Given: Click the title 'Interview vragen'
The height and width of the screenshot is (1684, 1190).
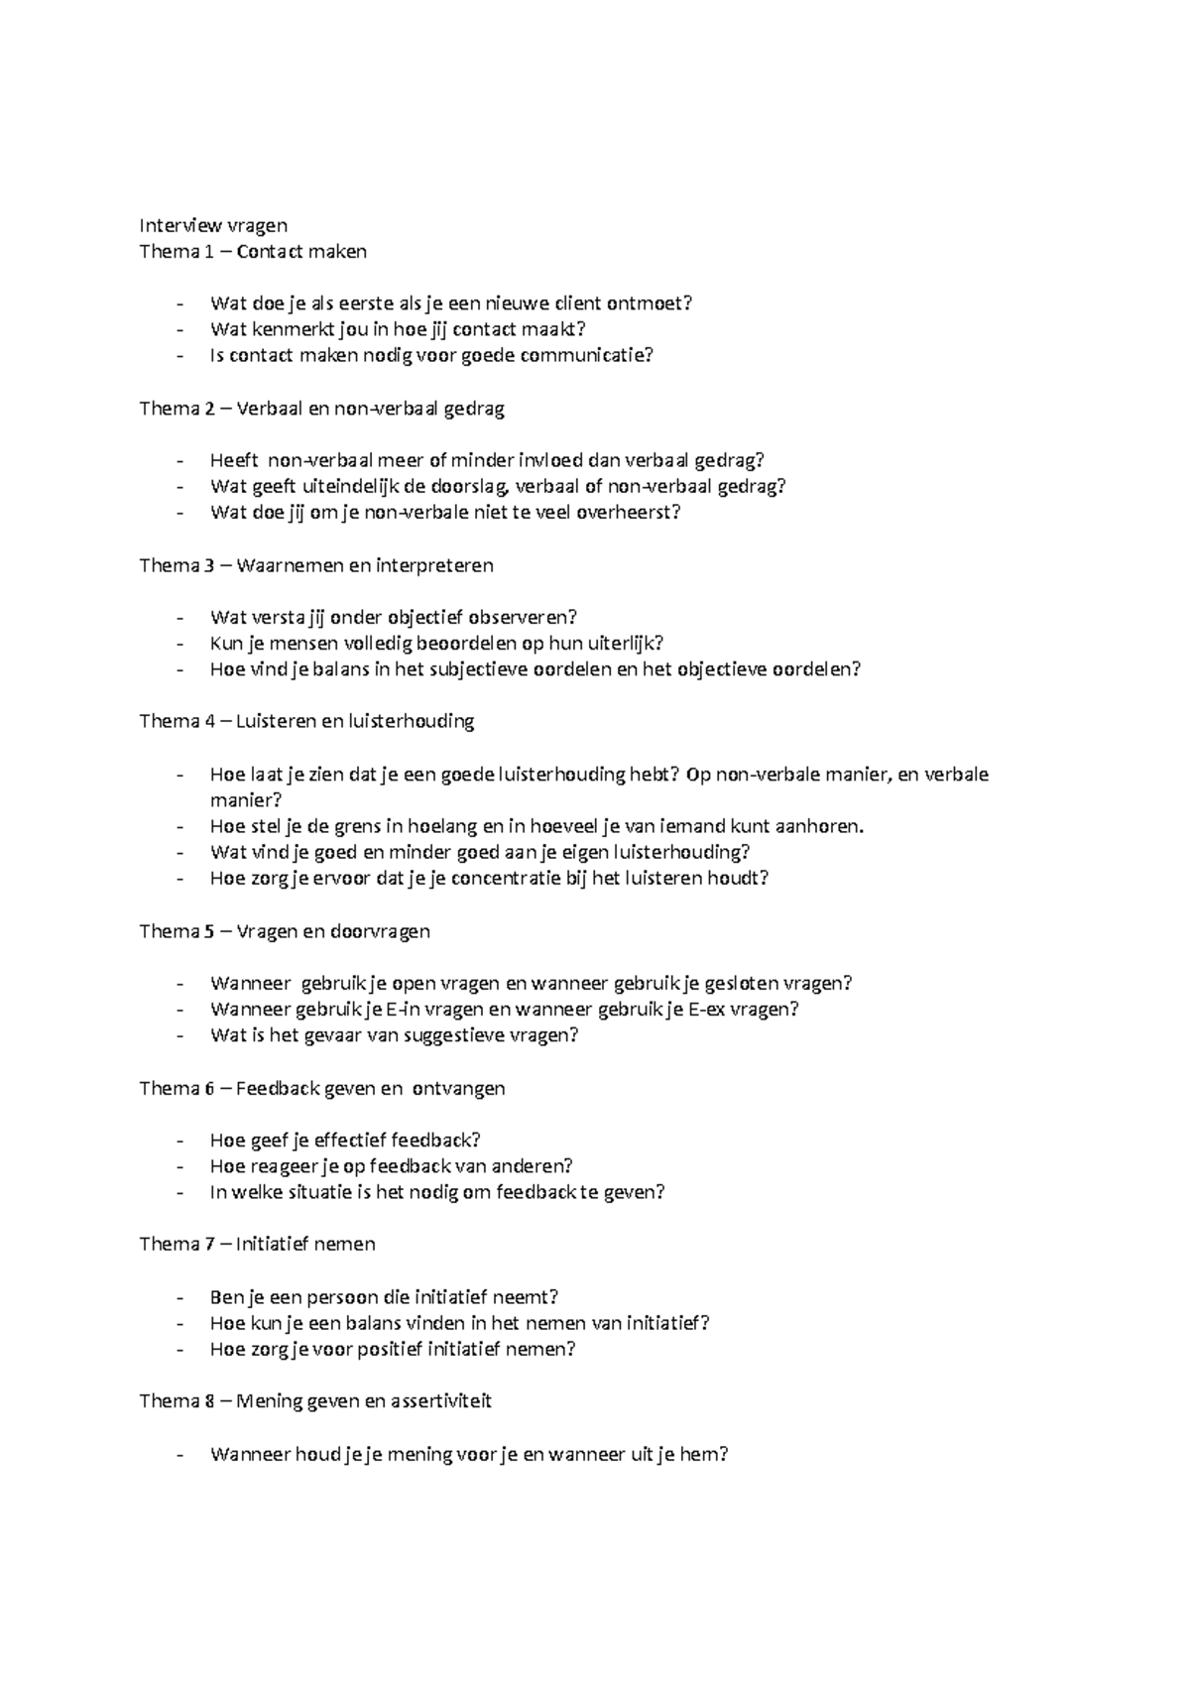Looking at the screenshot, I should click(x=213, y=225).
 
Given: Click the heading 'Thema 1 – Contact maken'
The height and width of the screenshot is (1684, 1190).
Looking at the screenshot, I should click(x=253, y=251).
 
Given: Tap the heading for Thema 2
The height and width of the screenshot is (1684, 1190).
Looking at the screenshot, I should click(x=322, y=409).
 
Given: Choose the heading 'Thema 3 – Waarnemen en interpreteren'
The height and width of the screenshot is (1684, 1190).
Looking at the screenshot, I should click(x=316, y=565).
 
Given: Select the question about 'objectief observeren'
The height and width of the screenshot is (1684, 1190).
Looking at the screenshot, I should click(x=393, y=617).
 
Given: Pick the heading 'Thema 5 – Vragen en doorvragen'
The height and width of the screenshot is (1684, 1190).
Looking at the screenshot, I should click(x=285, y=930).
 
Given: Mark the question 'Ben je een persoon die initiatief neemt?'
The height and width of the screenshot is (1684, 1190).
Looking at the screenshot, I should click(x=384, y=1296).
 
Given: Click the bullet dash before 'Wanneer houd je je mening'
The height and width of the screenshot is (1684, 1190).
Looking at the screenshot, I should click(x=178, y=1455).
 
